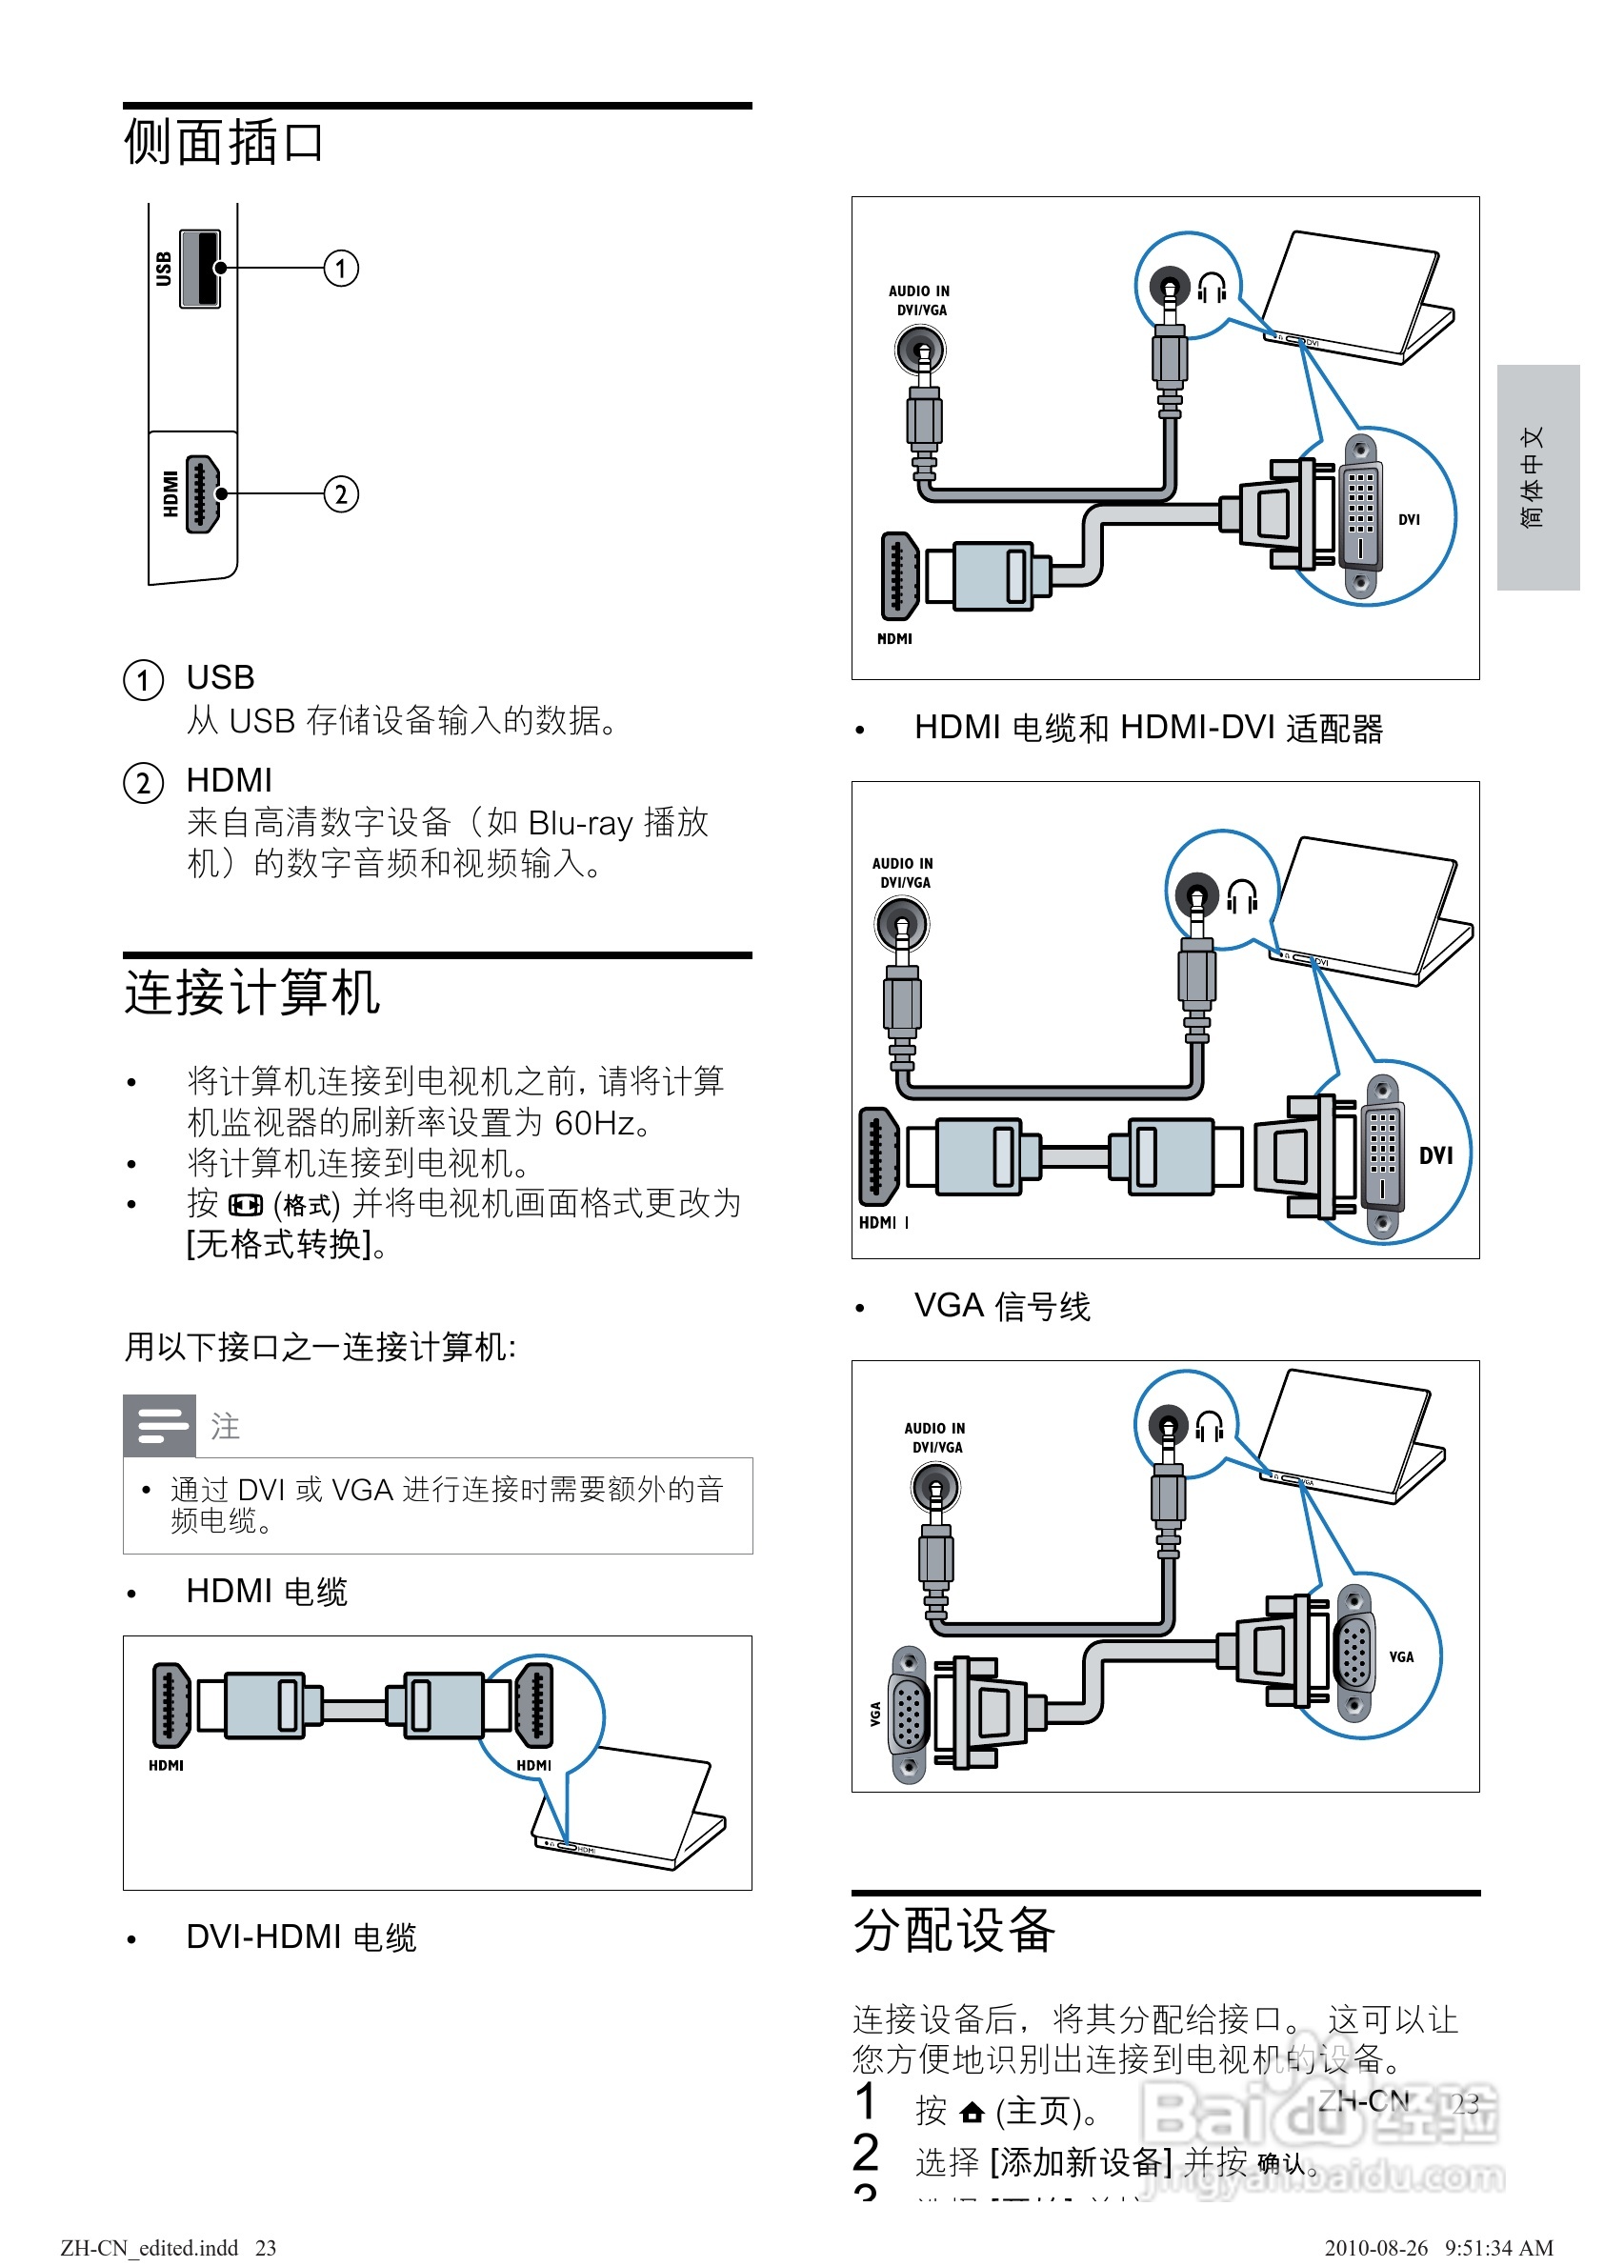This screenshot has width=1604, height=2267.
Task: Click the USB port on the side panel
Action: [x=200, y=269]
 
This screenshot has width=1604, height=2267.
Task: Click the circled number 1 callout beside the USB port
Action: [x=341, y=269]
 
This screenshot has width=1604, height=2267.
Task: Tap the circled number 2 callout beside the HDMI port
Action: [x=341, y=495]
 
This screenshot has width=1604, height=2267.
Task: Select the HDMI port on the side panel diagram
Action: [x=202, y=495]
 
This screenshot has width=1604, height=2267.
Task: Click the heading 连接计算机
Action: [x=251, y=993]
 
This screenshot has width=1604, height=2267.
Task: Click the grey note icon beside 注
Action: [x=159, y=1425]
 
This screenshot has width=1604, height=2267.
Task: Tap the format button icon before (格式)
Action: [x=245, y=1205]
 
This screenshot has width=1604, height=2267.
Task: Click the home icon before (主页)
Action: [x=972, y=2113]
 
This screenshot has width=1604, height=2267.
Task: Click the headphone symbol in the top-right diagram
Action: [x=1212, y=289]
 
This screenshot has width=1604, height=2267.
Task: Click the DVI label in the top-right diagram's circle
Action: [x=1410, y=519]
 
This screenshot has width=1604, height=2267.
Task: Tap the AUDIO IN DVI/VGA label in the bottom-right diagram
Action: [x=934, y=1437]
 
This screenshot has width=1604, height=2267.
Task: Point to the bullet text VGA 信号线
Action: [x=1001, y=1306]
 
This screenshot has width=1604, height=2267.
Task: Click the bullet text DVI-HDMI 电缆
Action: [x=301, y=1937]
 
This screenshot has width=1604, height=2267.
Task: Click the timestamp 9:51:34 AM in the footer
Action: [x=1499, y=2248]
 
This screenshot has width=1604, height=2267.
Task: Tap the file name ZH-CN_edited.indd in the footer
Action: [x=150, y=2248]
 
